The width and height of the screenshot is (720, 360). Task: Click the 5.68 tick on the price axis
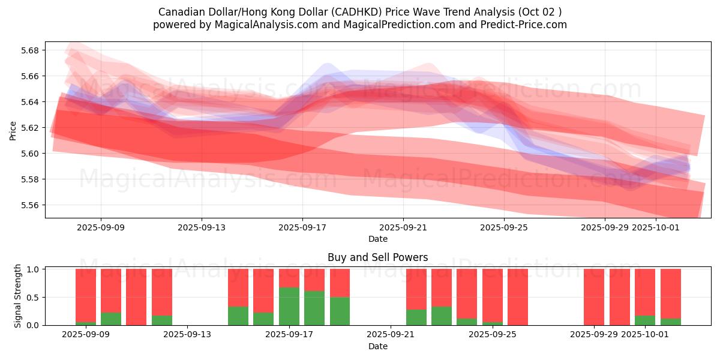[29, 50]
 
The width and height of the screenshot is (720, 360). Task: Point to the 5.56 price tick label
[29, 205]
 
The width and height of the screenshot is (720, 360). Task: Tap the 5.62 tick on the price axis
[29, 128]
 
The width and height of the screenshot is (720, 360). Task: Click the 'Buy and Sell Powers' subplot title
[377, 257]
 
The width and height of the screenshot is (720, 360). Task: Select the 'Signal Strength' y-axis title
[18, 296]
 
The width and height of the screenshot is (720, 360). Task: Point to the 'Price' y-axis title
[13, 130]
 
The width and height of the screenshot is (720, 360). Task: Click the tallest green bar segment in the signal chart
[289, 306]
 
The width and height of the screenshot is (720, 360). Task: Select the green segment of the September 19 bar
[340, 311]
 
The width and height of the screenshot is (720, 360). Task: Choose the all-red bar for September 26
[518, 297]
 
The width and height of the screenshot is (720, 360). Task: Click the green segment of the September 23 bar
[442, 316]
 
